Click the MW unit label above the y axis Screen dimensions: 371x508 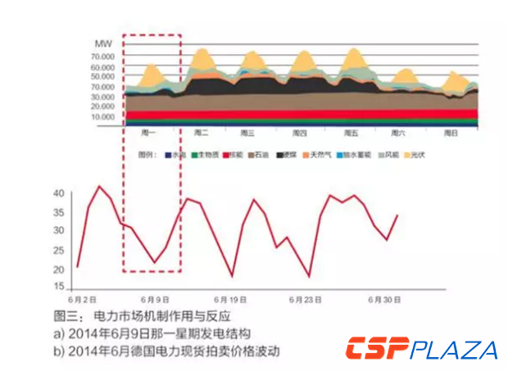(x=103, y=43)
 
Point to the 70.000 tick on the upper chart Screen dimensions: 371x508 (x=103, y=57)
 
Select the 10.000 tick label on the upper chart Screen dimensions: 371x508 (x=103, y=116)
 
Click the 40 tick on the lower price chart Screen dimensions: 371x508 (x=58, y=193)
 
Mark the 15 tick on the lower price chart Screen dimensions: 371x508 (x=58, y=287)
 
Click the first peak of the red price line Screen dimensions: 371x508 (x=100, y=186)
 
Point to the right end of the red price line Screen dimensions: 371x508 (x=397, y=215)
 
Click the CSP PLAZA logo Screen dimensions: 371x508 (x=421, y=349)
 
